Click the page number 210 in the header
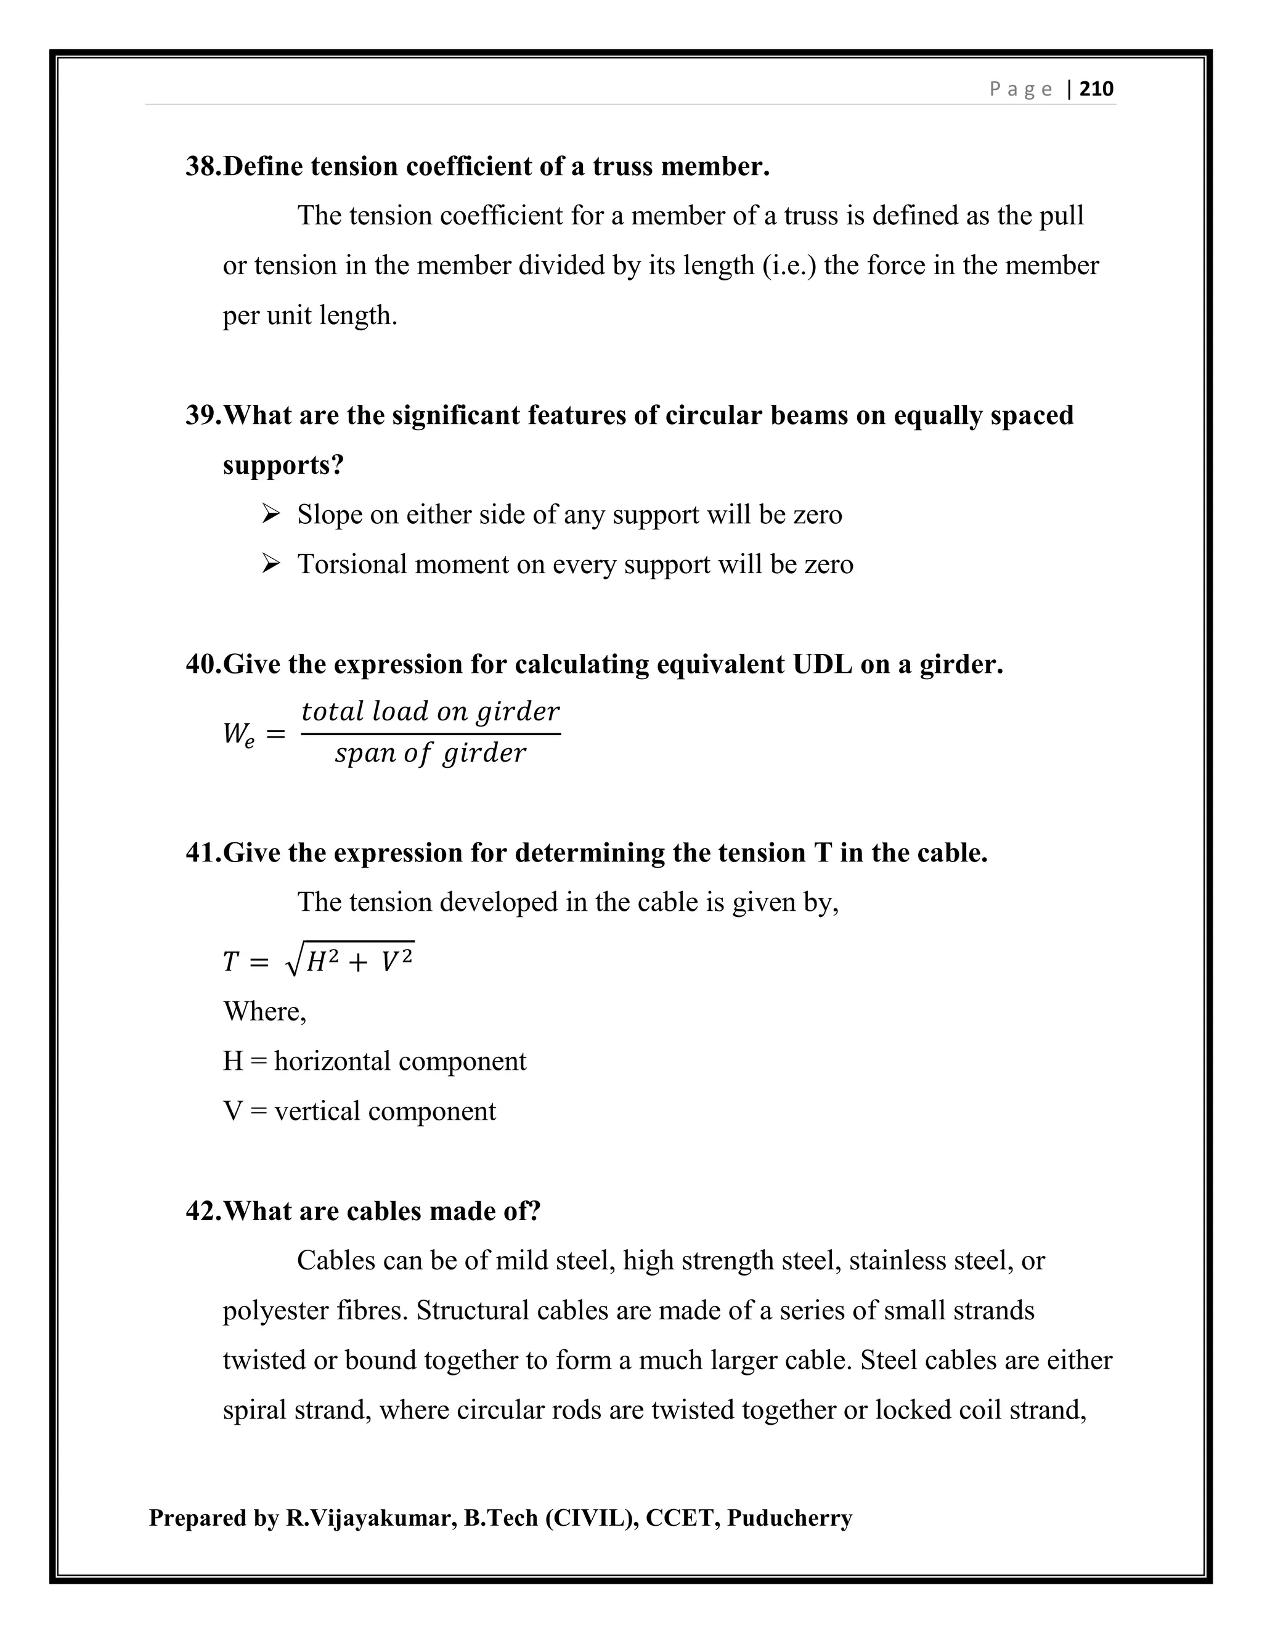pos(1097,89)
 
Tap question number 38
pos(203,166)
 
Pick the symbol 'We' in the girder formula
pos(238,735)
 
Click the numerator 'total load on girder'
pos(430,711)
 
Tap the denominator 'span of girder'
pos(430,753)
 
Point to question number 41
pos(203,852)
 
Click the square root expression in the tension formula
pos(350,960)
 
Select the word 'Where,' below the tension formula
pos(264,1012)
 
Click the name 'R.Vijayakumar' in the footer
pos(370,1518)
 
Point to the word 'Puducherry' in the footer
pos(789,1518)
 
